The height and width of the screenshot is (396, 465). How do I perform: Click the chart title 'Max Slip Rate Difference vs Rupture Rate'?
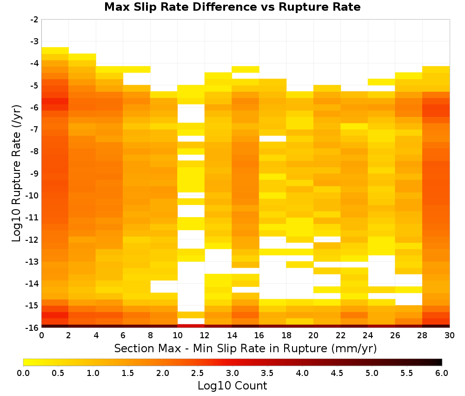tap(232, 7)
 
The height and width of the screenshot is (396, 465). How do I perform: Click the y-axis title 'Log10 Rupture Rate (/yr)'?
tap(17, 173)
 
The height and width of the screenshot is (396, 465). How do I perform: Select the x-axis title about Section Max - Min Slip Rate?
tap(246, 348)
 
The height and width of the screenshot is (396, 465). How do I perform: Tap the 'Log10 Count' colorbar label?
tap(232, 386)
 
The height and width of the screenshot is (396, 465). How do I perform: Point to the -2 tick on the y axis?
tap(34, 20)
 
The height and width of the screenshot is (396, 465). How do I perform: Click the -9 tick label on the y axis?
tap(34, 173)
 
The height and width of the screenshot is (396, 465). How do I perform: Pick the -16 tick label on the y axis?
tap(33, 328)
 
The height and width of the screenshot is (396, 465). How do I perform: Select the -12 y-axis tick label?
tap(33, 239)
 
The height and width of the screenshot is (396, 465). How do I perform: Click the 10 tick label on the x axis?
tap(178, 335)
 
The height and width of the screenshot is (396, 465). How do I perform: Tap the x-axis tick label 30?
tap(450, 335)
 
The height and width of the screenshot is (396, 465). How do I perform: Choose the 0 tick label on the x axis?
tap(41, 335)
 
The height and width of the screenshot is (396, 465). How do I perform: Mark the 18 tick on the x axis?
tap(286, 335)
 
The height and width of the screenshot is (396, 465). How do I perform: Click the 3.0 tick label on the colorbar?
tap(232, 373)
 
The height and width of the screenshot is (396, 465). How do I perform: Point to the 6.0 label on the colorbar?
tap(442, 373)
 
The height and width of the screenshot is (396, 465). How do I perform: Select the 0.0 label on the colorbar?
tap(23, 373)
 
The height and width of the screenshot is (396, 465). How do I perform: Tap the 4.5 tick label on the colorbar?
tap(337, 373)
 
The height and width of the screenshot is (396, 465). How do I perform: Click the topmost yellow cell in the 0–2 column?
tap(55, 50)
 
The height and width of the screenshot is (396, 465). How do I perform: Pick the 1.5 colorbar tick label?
tap(128, 373)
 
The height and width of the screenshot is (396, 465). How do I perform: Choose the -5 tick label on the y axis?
tap(34, 86)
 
